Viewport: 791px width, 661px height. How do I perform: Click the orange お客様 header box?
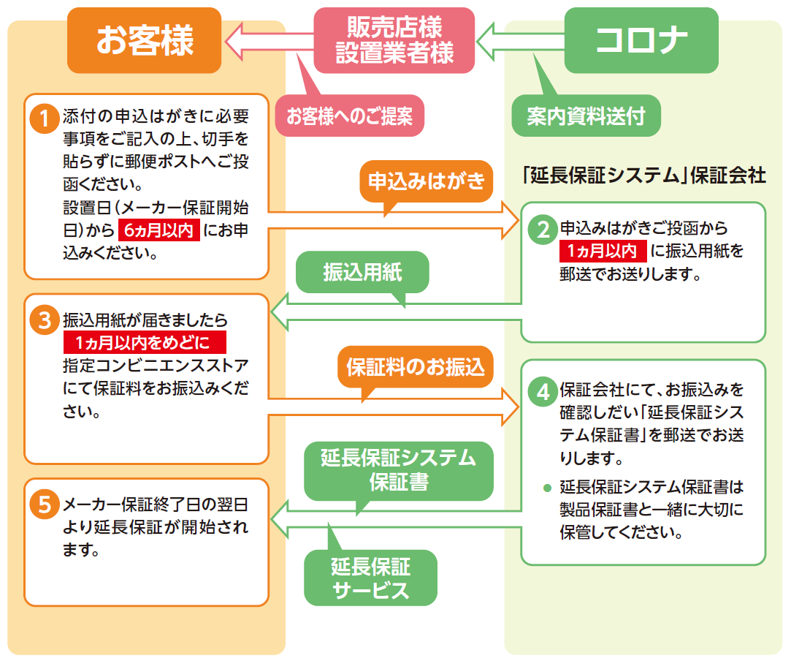tap(145, 41)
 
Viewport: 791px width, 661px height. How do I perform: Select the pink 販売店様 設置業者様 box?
tap(394, 41)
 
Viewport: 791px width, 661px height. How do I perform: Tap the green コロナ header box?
tap(641, 41)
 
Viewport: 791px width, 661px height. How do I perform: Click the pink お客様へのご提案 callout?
tap(350, 116)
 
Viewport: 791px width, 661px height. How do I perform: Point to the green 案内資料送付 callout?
tap(586, 116)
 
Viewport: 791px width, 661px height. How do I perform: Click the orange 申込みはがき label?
tap(427, 181)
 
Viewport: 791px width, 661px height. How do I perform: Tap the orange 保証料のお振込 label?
tap(415, 366)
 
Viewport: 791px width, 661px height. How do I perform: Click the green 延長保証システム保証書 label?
tap(398, 470)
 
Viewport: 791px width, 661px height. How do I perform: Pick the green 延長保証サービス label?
tap(370, 578)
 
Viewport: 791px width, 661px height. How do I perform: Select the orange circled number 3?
tap(45, 320)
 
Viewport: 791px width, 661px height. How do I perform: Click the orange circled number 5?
tap(45, 504)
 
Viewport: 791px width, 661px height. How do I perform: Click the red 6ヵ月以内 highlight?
tap(159, 230)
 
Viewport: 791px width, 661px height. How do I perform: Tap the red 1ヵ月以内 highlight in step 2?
tap(603, 252)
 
